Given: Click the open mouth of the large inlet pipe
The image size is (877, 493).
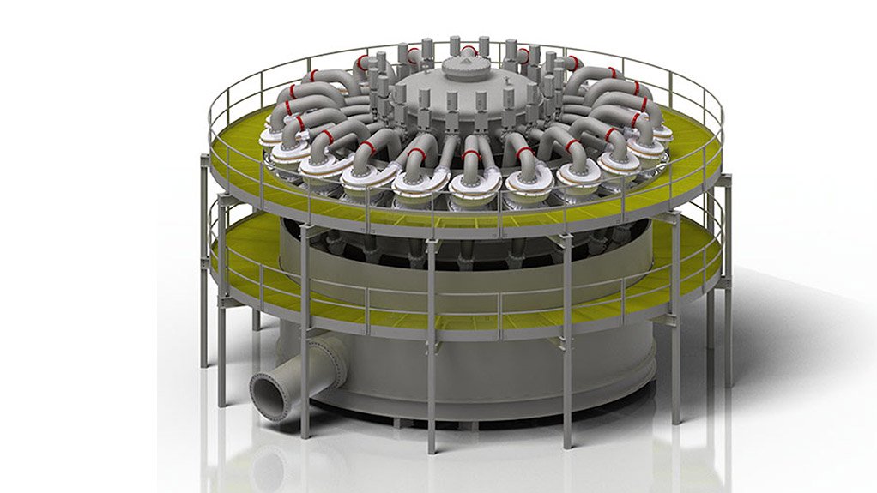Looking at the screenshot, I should click(x=267, y=397).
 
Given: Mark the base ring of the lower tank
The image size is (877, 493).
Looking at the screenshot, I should click(x=481, y=416).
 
